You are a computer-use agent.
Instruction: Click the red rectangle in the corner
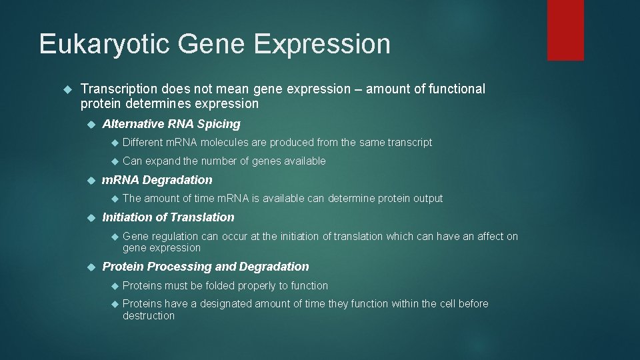(x=565, y=30)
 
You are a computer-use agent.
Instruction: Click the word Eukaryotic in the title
(x=104, y=44)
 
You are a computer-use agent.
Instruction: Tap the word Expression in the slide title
(x=322, y=44)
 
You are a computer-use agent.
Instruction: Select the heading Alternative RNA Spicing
(x=171, y=124)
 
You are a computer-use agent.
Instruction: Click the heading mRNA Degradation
(x=157, y=179)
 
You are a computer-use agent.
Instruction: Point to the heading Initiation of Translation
(x=168, y=217)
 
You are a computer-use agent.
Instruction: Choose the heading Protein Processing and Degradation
(x=205, y=267)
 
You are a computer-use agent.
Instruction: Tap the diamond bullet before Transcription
(x=68, y=89)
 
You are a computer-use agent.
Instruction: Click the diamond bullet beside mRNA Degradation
(x=91, y=181)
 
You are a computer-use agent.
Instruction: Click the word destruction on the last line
(x=149, y=315)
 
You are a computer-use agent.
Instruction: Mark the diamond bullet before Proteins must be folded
(x=115, y=287)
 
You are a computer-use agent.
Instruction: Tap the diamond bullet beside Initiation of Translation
(x=91, y=218)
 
